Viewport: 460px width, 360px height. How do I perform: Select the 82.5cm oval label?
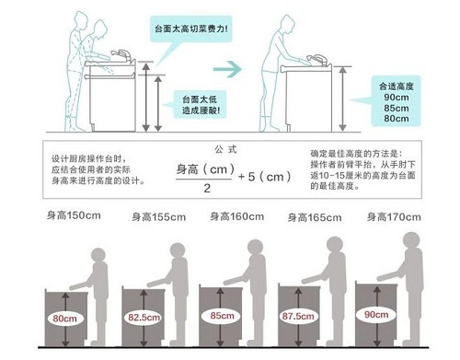(x=142, y=318)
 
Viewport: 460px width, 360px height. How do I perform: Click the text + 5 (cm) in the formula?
(x=267, y=175)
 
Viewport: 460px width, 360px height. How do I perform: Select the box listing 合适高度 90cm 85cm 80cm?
(x=396, y=101)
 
